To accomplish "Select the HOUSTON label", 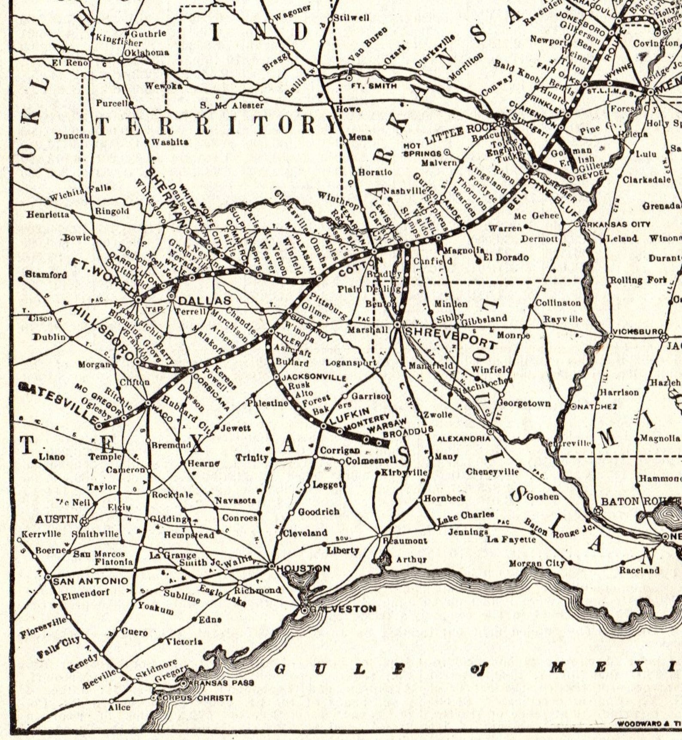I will (x=303, y=569).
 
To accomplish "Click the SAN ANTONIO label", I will (x=91, y=581).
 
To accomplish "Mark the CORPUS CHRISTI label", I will (x=195, y=698).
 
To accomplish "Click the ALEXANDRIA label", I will (x=463, y=439).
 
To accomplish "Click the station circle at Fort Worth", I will (x=138, y=299).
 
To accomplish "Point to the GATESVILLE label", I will (x=59, y=402).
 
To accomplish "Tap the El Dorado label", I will (x=506, y=257).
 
